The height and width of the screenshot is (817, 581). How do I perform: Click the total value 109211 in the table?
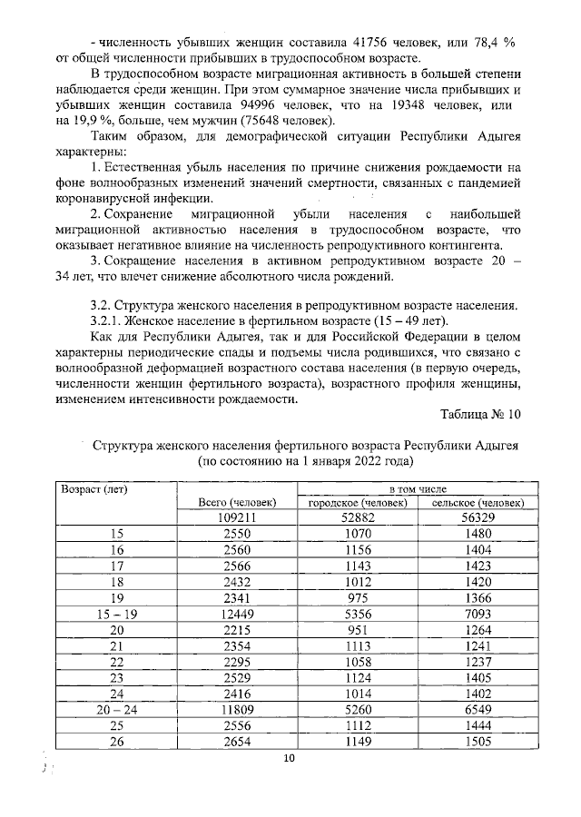(236, 518)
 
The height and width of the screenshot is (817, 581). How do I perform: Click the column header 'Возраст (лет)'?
(94, 490)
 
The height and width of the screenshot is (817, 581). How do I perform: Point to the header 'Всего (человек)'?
(236, 503)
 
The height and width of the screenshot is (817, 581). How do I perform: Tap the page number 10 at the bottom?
(290, 759)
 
